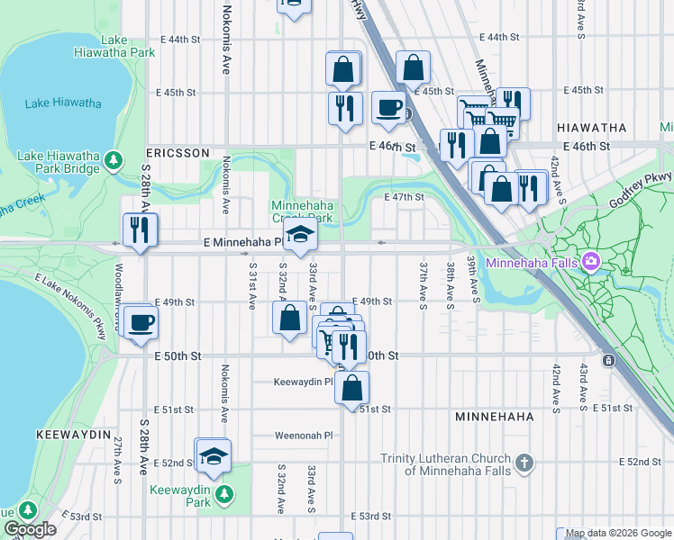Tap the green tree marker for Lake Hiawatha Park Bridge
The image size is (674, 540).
click(114, 160)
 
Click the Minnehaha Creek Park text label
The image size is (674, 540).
click(303, 211)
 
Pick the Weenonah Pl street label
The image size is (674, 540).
click(305, 435)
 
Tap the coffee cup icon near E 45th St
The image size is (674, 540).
click(388, 108)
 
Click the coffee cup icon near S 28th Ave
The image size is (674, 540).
click(141, 321)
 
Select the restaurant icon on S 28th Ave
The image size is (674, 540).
click(141, 229)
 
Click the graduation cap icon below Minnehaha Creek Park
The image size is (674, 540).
click(300, 238)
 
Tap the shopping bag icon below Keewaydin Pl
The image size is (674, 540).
click(353, 388)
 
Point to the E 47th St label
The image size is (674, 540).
click(404, 197)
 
